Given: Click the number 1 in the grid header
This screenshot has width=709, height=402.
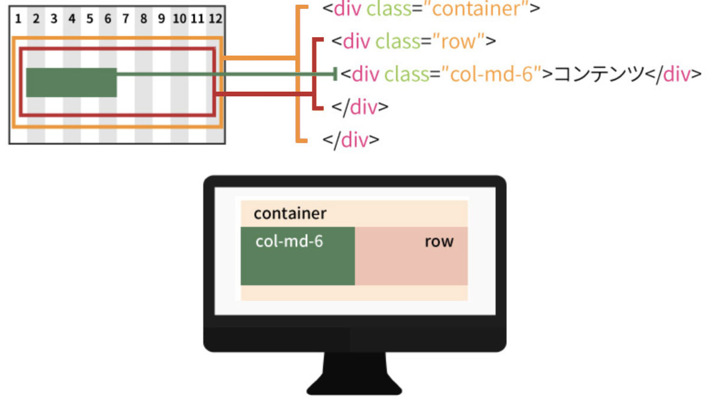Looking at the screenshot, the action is pos(18,19).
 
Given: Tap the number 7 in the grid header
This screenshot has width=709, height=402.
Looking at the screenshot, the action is pos(126,19).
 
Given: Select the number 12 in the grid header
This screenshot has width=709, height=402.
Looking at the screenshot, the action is pos(215,19).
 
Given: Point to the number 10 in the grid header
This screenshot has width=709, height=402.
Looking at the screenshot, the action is pos(180,19).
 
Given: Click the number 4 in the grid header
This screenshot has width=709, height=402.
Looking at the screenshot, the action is pos(72,19).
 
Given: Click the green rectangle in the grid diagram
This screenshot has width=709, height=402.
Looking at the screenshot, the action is pos(71,82).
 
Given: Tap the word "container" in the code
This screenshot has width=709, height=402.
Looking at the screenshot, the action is pos(476,9).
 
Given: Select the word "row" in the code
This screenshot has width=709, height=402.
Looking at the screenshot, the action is pos(458,42).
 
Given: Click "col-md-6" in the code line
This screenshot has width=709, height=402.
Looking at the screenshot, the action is pos(491,74).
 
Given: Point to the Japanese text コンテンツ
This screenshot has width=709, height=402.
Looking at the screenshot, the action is pos(599,74).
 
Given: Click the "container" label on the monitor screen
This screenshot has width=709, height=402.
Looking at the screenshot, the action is pos(290,213).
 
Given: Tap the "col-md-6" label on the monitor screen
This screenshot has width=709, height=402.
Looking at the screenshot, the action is pos(289,241).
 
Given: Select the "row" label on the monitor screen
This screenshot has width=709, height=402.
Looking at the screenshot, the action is pos(439,242).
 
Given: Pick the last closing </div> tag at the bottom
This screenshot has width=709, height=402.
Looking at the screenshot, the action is pos(351,140).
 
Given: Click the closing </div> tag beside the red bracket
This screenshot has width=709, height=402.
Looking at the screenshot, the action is pos(360,107).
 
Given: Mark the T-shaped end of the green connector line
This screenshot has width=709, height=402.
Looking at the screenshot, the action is pos(335,74).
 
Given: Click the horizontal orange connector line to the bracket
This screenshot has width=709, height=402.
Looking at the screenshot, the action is pos(260,58).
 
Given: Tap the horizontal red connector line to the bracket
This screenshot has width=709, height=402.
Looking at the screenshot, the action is pos(264,94).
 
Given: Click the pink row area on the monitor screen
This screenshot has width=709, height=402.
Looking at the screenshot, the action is pos(411,256).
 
